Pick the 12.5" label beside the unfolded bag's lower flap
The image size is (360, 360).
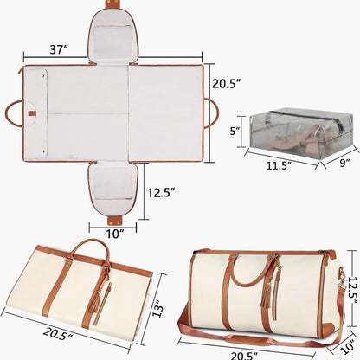click(x=163, y=192)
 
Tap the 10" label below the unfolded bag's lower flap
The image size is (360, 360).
click(x=116, y=233)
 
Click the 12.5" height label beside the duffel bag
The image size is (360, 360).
click(x=350, y=286)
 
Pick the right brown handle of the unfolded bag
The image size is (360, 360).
click(x=210, y=112)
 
